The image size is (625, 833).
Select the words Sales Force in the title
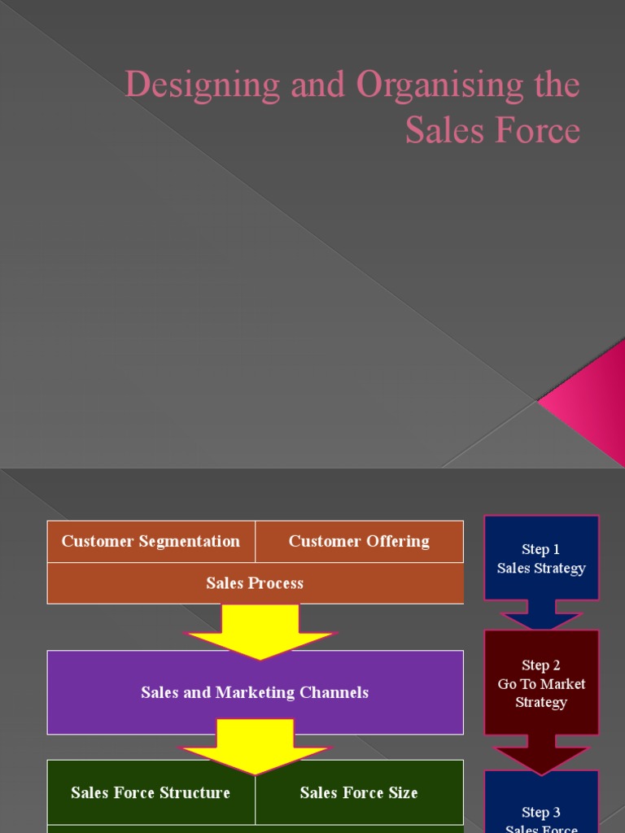492,130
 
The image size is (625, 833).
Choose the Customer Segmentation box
151,542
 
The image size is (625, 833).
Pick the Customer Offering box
359,542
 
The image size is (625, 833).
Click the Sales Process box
255,583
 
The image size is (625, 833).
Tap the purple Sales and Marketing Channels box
255,692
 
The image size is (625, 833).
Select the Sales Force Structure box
151,792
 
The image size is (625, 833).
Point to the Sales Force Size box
359,792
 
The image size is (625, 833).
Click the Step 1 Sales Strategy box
541,558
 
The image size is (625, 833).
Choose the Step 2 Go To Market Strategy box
541,683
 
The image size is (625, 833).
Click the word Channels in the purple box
334,693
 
